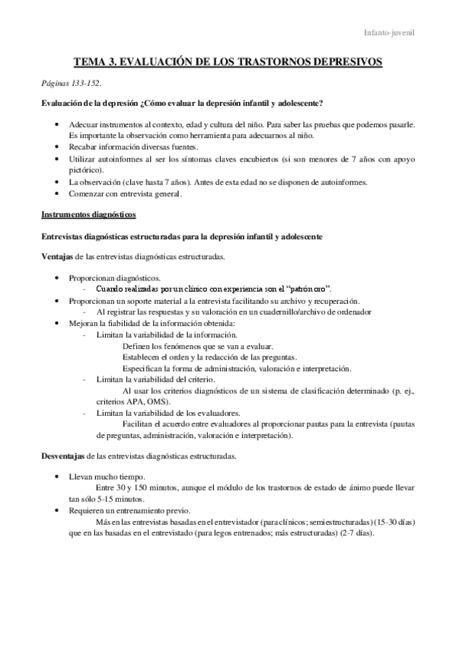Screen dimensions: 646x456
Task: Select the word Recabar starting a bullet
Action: point(83,146)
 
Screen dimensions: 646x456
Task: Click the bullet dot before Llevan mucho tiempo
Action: point(59,475)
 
